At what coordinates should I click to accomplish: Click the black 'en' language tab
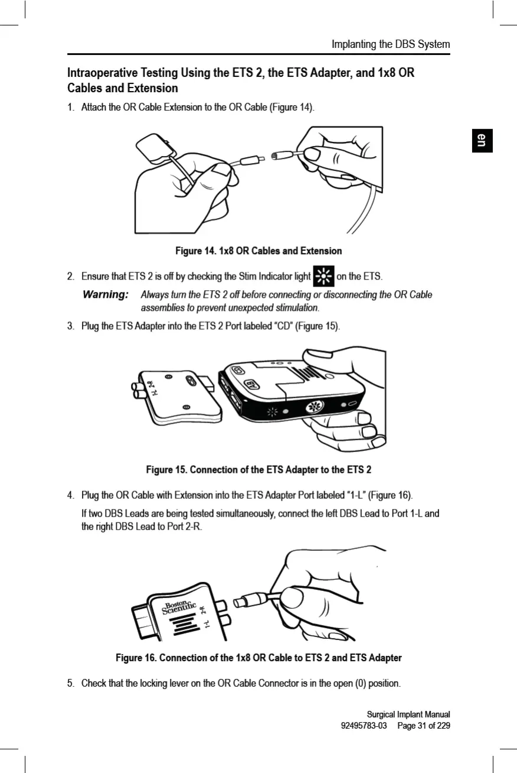click(x=482, y=140)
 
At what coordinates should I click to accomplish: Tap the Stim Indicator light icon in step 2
click(x=322, y=276)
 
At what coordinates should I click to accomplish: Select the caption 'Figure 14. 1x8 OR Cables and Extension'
click(x=258, y=251)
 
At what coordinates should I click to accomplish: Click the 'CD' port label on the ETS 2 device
click(x=238, y=370)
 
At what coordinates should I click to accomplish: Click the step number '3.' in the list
click(x=71, y=326)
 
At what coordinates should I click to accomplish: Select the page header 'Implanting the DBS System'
click(x=390, y=44)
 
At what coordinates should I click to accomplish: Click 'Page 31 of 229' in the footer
click(x=423, y=725)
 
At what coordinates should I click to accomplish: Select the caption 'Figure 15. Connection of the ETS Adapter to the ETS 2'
click(x=258, y=470)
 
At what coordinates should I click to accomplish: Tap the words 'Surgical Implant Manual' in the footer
click(x=408, y=714)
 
